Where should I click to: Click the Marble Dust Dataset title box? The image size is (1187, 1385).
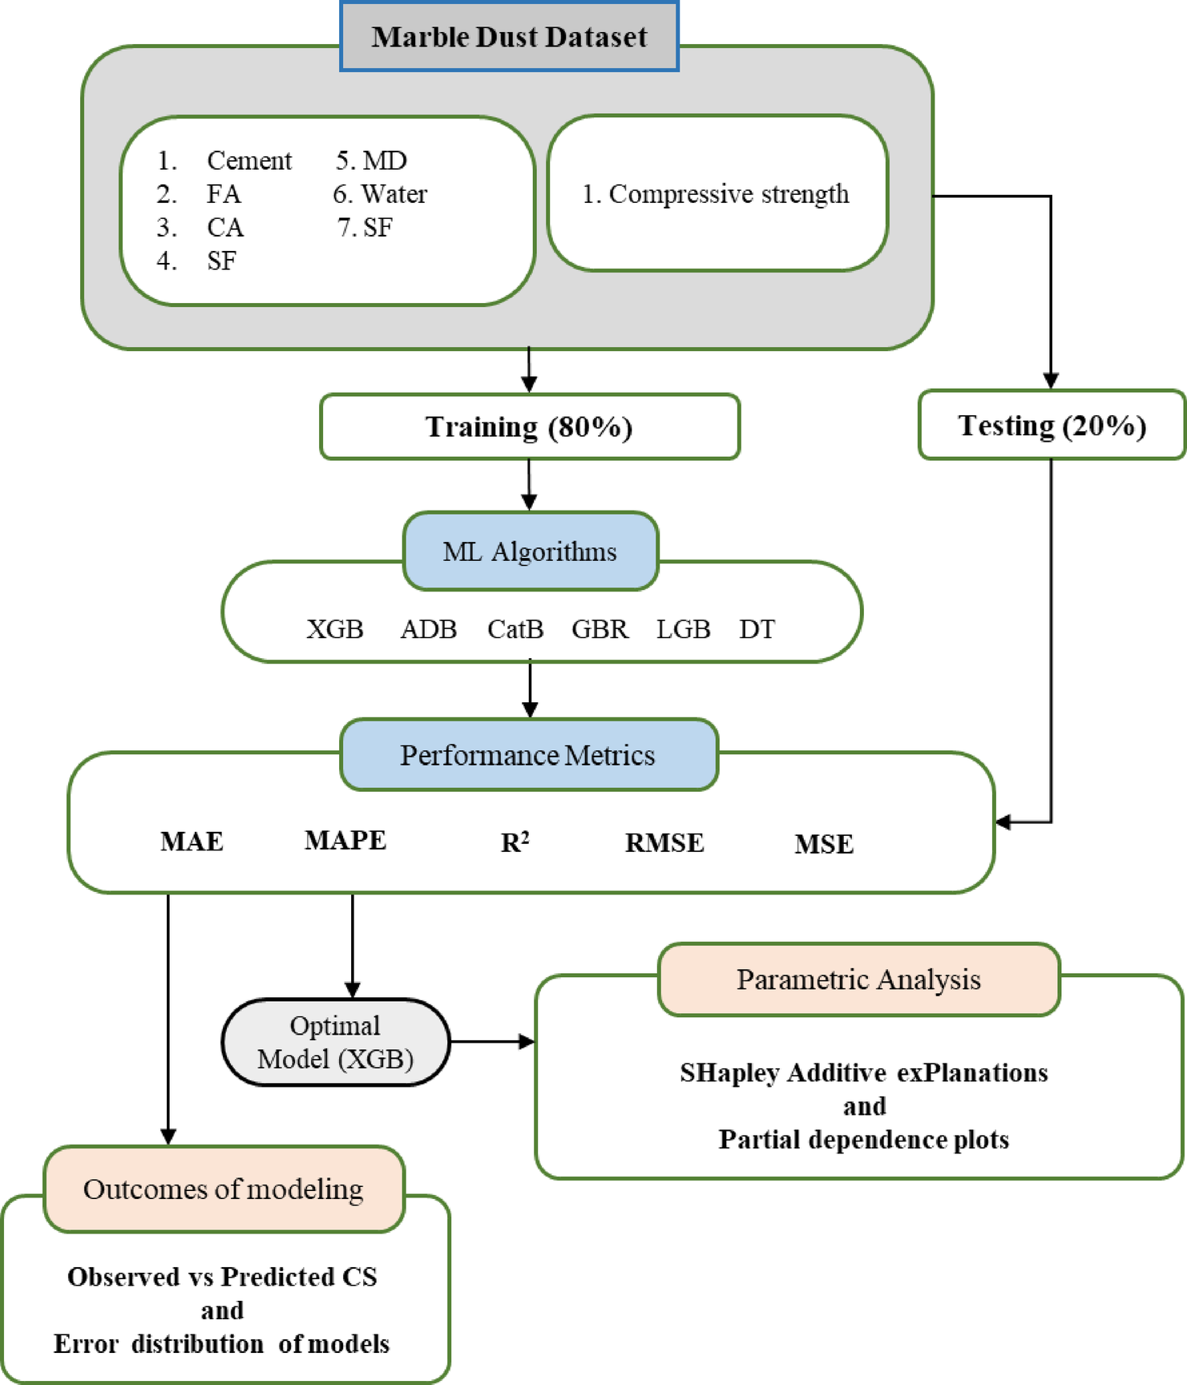(509, 37)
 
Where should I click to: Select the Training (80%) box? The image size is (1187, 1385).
(529, 426)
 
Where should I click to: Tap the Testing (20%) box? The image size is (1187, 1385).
(1051, 425)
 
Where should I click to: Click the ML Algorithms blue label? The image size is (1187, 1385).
(530, 551)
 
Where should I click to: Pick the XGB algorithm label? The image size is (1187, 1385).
(335, 629)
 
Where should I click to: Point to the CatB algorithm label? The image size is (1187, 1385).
(515, 629)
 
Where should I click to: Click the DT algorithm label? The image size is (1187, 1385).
(757, 629)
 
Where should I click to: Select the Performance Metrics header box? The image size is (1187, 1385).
(528, 755)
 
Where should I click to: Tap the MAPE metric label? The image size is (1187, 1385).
(345, 840)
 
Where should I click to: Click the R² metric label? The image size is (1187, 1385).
(515, 842)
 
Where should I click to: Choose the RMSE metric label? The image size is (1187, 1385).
(664, 843)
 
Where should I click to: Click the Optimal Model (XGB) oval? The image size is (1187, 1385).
(335, 1042)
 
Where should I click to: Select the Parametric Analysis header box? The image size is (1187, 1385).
(858, 979)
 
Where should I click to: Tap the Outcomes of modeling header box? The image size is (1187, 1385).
(224, 1189)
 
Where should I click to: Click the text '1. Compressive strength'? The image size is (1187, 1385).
(715, 194)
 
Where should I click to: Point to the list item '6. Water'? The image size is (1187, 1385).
(380, 194)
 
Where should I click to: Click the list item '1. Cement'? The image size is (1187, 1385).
(224, 160)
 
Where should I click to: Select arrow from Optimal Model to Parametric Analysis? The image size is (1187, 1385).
(491, 1042)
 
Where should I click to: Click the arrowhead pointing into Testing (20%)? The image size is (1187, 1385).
(1051, 380)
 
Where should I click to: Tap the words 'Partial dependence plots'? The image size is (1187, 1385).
(863, 1139)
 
